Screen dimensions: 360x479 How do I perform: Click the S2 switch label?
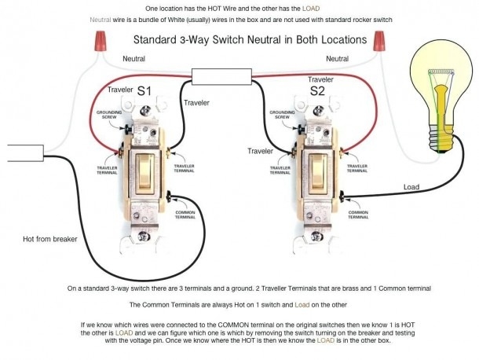(x=318, y=92)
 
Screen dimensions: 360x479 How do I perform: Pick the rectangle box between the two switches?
(x=222, y=78)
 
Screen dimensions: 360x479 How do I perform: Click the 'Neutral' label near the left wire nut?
(x=134, y=59)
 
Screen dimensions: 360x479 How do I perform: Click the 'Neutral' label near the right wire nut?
(x=337, y=59)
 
